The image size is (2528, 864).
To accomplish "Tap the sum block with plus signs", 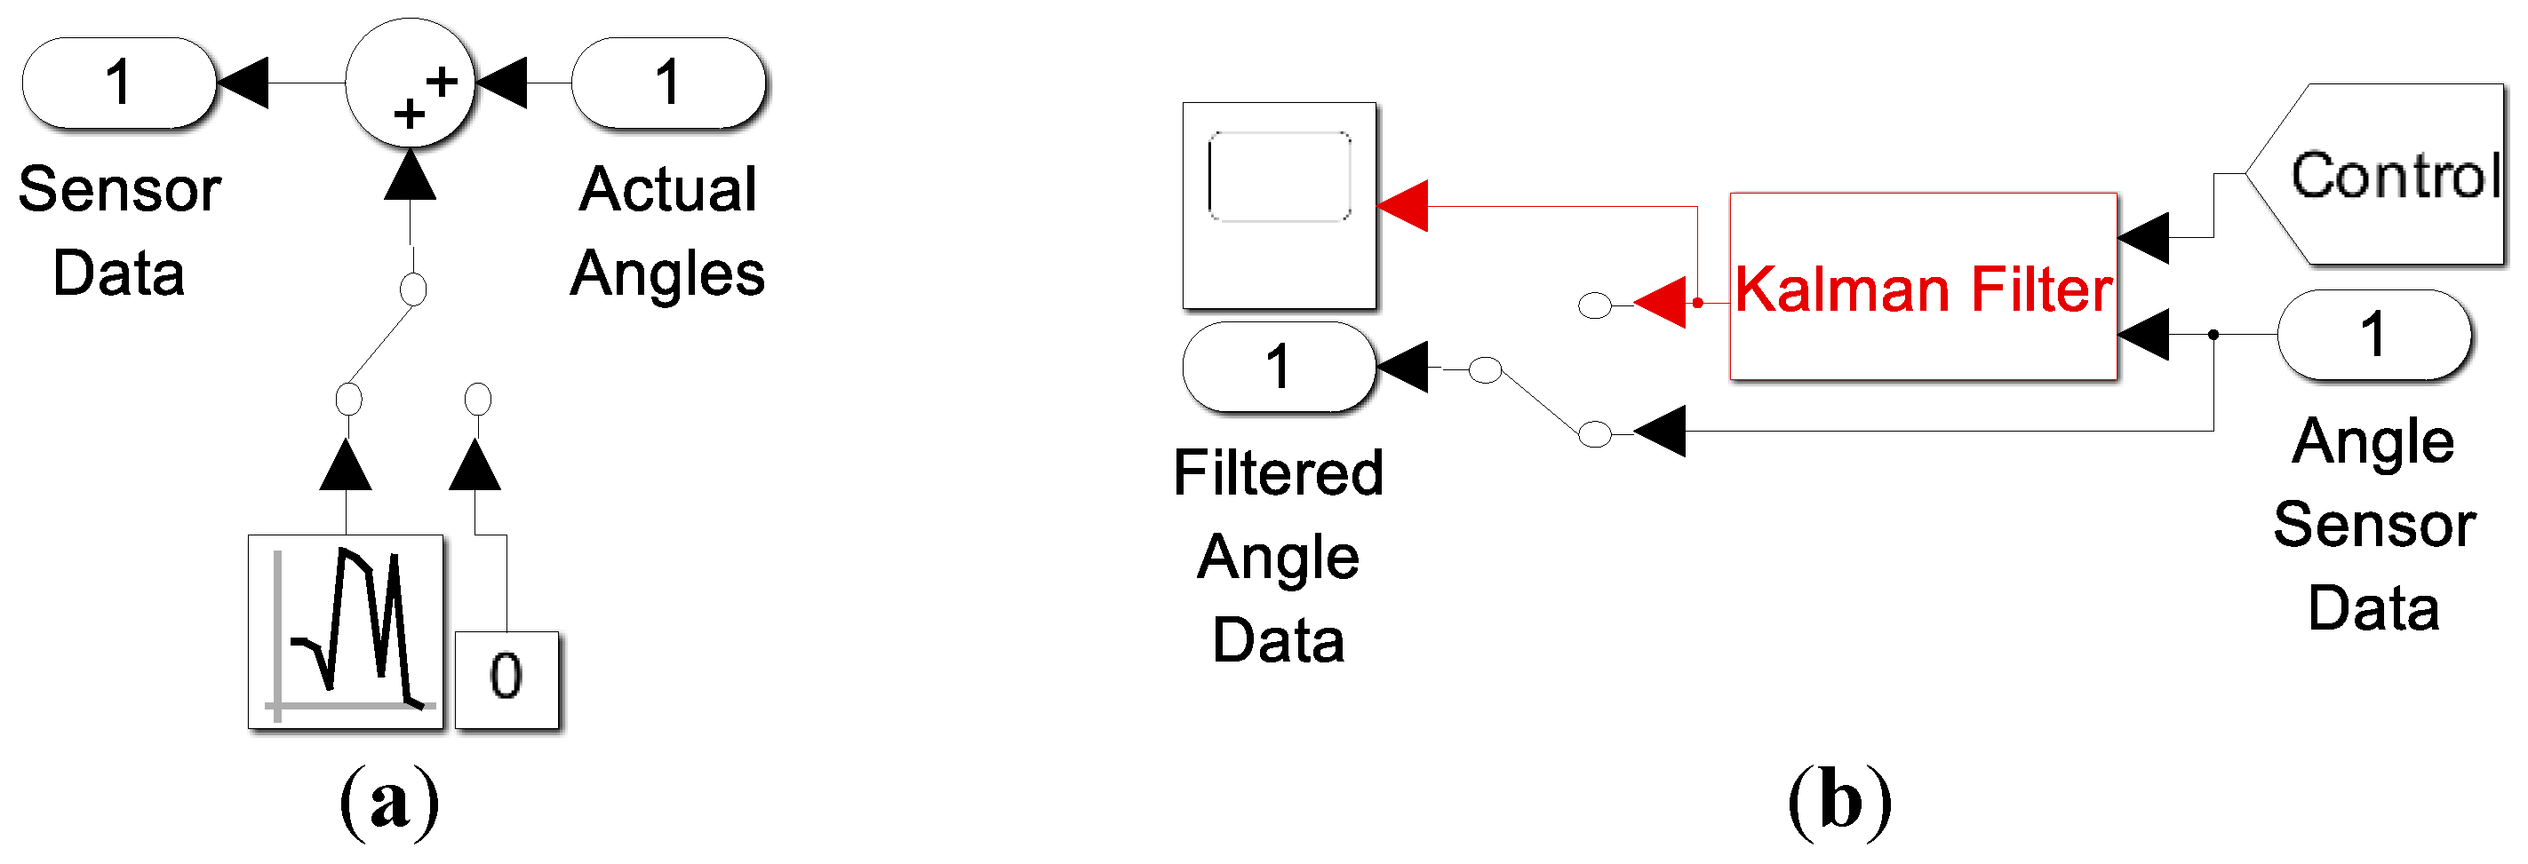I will (411, 84).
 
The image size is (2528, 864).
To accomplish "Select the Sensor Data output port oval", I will (119, 83).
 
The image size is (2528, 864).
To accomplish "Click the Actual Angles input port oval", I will (667, 83).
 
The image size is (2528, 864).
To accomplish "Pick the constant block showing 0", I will (506, 679).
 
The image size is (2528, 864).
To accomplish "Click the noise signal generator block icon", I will (346, 631).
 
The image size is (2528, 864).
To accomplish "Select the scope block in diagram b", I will (1279, 205).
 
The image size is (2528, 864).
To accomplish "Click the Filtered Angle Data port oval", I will (1279, 367).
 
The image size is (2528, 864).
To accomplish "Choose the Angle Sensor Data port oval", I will (2373, 335).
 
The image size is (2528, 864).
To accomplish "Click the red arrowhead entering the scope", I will (1403, 206).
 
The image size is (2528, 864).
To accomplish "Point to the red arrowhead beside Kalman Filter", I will (1662, 302).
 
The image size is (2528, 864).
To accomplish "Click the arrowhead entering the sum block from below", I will (411, 178).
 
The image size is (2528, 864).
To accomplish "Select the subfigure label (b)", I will (1839, 802).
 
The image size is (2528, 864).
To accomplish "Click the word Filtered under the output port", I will (1278, 472).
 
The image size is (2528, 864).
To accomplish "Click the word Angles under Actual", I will (667, 273).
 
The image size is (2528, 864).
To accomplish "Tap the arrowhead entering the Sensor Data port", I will (243, 83).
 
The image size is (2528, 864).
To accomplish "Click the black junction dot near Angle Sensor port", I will (2213, 335).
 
